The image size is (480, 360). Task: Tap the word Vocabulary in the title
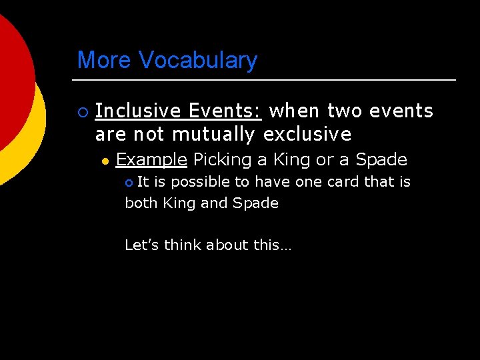[x=198, y=61]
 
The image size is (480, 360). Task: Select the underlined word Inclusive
[x=139, y=111]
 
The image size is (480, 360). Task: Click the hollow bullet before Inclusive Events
[x=81, y=111]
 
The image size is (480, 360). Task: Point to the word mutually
[x=213, y=135]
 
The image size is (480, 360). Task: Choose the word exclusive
[x=307, y=135]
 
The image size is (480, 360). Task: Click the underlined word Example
[x=151, y=160]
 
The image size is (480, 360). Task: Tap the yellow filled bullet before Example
[x=105, y=161]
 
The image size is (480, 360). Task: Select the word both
[x=141, y=203]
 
